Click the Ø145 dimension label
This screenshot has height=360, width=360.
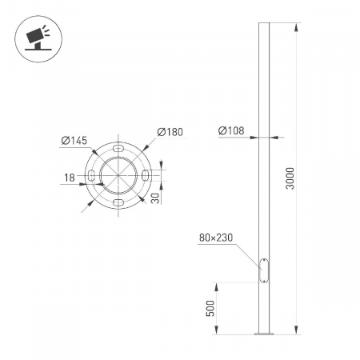point(74,141)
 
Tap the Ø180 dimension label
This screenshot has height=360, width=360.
point(169,132)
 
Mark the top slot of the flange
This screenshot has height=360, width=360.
point(118,149)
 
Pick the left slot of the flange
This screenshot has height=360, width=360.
point(91,176)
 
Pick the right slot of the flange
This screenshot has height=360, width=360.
point(146,176)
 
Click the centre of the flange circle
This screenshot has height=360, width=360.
point(118,176)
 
